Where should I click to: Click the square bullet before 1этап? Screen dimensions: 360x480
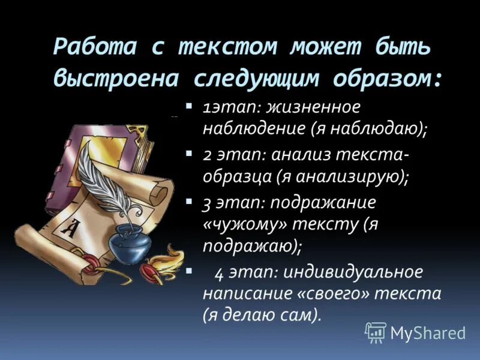[188, 106]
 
